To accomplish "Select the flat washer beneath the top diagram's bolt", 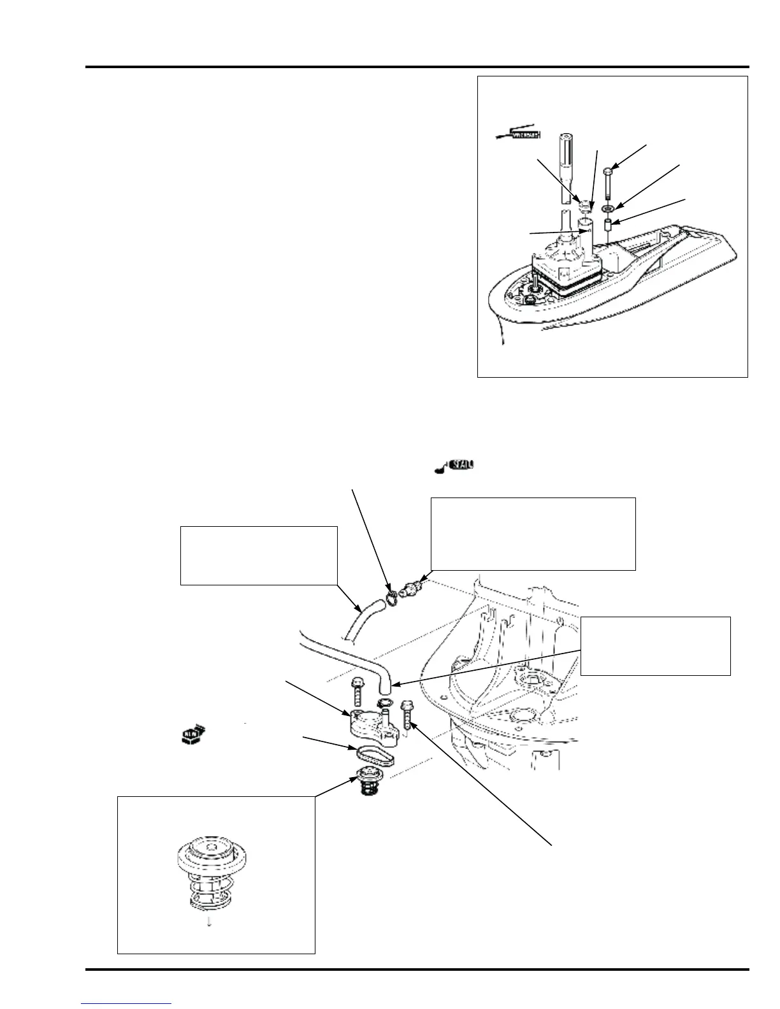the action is coord(608,208).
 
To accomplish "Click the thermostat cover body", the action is coord(369,723).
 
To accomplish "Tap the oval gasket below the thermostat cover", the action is coord(374,754).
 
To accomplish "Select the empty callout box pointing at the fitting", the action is coord(533,533).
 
